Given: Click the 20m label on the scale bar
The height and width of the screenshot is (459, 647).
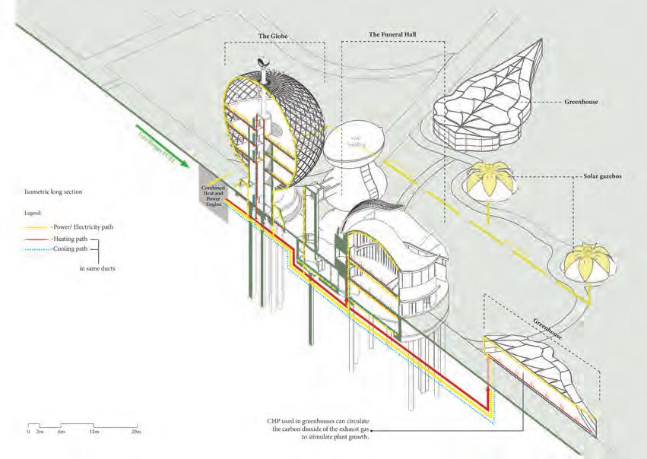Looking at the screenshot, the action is [135, 432].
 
